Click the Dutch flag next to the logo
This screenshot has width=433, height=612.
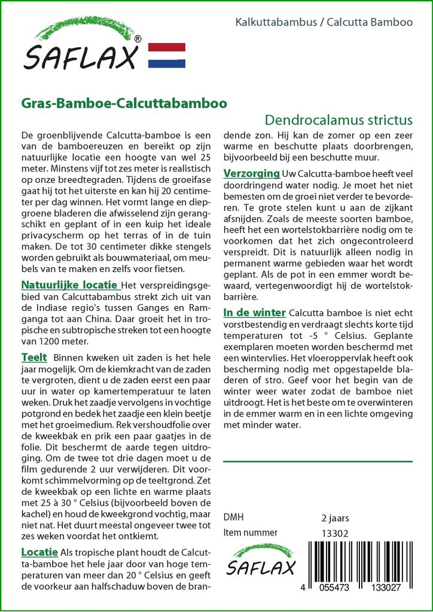tap(166, 56)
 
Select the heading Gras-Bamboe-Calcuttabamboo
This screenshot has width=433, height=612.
tap(124, 102)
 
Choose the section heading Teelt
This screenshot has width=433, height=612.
tap(34, 357)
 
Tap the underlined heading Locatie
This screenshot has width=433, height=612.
tap(39, 552)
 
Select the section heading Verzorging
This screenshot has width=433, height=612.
tap(251, 173)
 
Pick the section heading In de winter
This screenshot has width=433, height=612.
tap(254, 313)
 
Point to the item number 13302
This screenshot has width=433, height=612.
tap(334, 533)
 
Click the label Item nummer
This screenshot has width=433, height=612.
tap(250, 533)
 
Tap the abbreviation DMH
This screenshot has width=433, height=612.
tap(233, 518)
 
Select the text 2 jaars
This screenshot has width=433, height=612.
tap(336, 518)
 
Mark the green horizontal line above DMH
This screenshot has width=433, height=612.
tap(317, 461)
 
